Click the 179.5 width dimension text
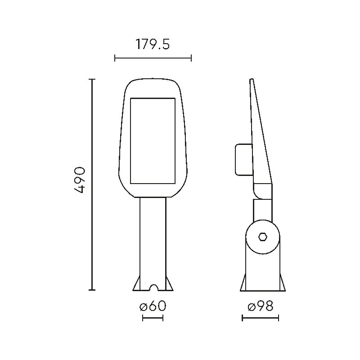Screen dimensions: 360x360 (x=153, y=44)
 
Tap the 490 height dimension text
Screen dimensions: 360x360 (x=80, y=180)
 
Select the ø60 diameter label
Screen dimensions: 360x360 (x=153, y=306)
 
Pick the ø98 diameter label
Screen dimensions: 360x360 (x=261, y=306)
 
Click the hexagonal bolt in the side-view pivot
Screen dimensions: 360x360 (x=263, y=237)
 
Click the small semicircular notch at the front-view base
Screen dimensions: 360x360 (x=153, y=288)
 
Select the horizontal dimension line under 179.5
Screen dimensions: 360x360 (x=153, y=58)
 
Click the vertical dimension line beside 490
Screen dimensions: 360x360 (x=92, y=184)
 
